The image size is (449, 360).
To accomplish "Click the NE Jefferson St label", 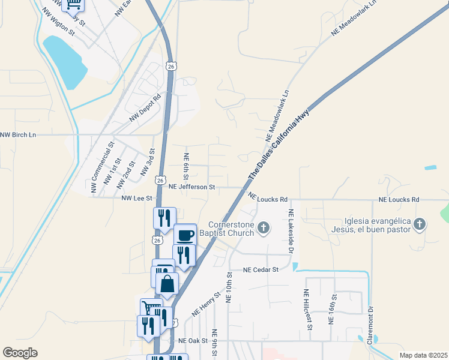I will [192, 187].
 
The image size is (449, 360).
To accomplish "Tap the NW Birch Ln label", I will [18, 135].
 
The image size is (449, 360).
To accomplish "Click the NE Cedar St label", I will [262, 270].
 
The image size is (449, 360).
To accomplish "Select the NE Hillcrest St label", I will [307, 310].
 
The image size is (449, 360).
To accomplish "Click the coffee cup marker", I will [185, 235].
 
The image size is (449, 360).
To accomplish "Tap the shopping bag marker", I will [167, 283].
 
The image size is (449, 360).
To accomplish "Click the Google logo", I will [20, 353].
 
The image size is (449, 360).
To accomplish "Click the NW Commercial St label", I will [102, 167].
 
